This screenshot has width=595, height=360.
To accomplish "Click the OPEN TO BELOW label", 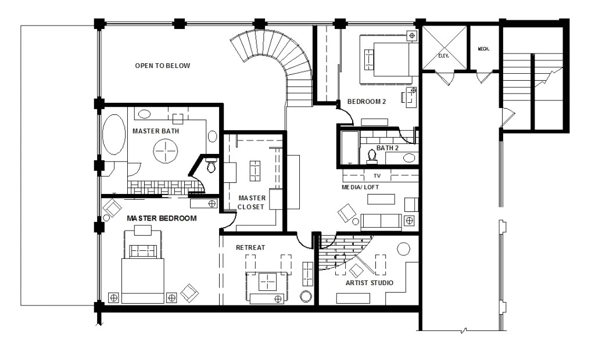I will [x=162, y=66].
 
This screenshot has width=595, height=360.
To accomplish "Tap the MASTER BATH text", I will [x=156, y=131].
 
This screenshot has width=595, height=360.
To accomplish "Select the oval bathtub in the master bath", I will [x=114, y=134].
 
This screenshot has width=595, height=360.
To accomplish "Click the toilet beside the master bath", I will [x=211, y=166].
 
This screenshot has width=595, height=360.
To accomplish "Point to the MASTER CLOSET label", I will [x=252, y=202].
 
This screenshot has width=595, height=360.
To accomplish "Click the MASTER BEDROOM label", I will [x=162, y=218].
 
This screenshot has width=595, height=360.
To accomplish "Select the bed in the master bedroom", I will [x=142, y=273].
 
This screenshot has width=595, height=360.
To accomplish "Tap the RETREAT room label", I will [x=250, y=247].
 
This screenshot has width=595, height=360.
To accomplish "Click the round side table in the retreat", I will [x=306, y=296].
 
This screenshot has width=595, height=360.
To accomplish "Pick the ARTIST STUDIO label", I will [x=369, y=283].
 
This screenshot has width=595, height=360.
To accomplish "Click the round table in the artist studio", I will [x=403, y=249].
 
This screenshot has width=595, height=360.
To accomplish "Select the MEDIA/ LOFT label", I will [x=361, y=188].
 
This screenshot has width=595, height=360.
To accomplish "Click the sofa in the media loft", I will [x=381, y=221].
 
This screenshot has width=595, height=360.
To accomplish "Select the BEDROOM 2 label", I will [x=367, y=102].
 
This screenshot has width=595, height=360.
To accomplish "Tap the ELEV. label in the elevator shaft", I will [x=445, y=56].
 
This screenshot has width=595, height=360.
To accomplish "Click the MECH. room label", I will [x=483, y=49].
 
